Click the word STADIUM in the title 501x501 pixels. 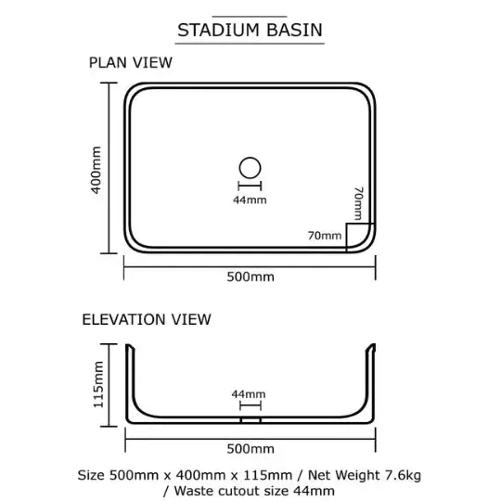[218, 31]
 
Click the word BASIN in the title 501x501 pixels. [294, 31]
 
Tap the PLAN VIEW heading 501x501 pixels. [131, 63]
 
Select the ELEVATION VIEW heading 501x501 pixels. [147, 319]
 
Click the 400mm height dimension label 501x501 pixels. [96, 170]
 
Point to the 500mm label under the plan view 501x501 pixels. [250, 276]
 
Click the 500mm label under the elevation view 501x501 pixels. [250, 449]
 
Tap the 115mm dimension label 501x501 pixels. [98, 385]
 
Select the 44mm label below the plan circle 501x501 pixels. [250, 200]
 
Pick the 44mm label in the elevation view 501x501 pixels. [249, 394]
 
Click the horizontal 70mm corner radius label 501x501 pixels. [325, 236]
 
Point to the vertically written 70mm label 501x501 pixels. [359, 203]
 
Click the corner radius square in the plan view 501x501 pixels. [347, 238]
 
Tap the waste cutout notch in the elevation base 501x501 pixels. [250, 420]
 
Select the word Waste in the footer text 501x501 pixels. [192, 491]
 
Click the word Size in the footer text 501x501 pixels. [91, 475]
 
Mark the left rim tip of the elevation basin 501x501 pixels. [128, 345]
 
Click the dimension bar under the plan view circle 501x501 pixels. [250, 186]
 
